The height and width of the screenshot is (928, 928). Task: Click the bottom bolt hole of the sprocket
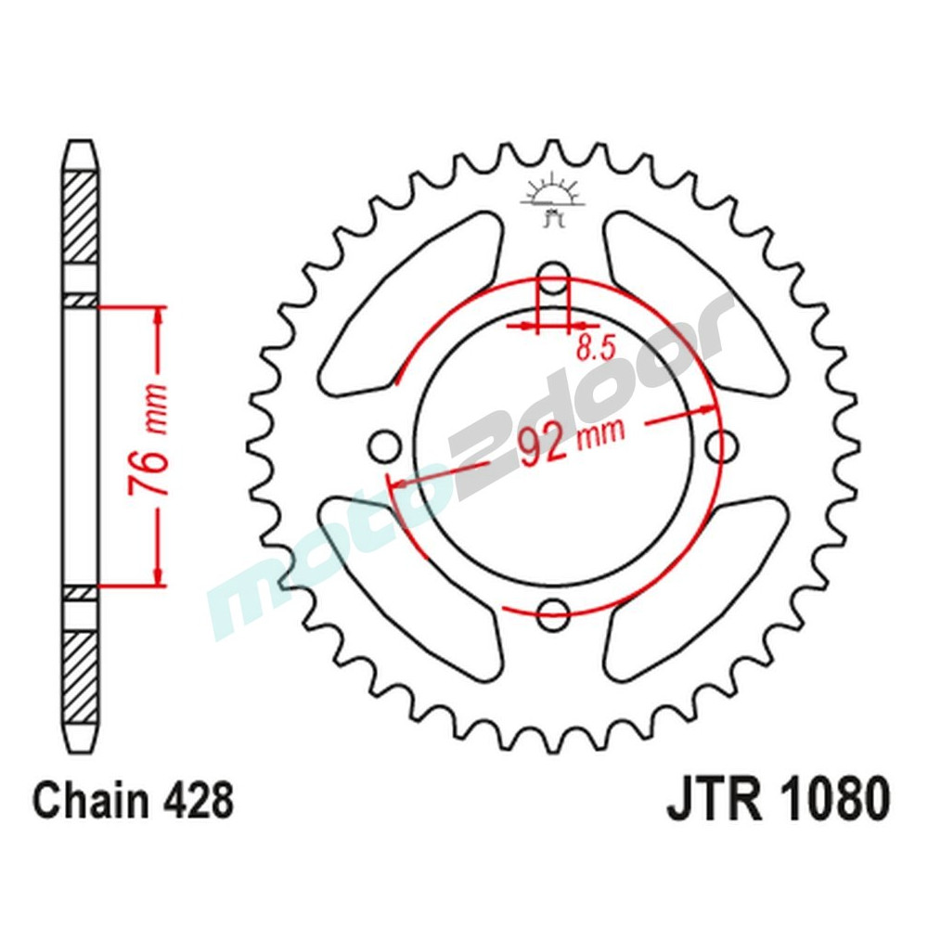pyautogui.click(x=554, y=611)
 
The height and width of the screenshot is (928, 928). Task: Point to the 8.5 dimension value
pyautogui.click(x=595, y=349)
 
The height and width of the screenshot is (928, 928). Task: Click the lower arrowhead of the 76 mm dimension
pyautogui.click(x=161, y=575)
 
